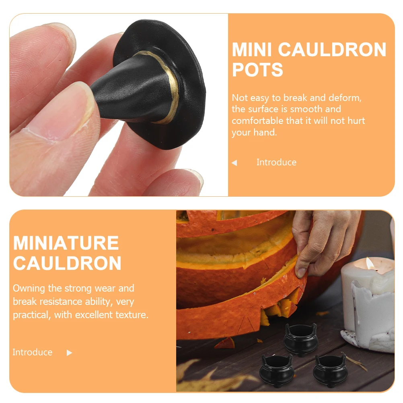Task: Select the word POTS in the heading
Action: (257, 70)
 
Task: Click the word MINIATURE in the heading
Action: (66, 243)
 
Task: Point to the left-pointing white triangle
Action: (234, 163)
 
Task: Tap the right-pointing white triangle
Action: (69, 353)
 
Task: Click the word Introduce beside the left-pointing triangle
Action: (276, 162)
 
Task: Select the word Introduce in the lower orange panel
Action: (33, 352)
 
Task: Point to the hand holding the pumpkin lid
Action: (322, 241)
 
